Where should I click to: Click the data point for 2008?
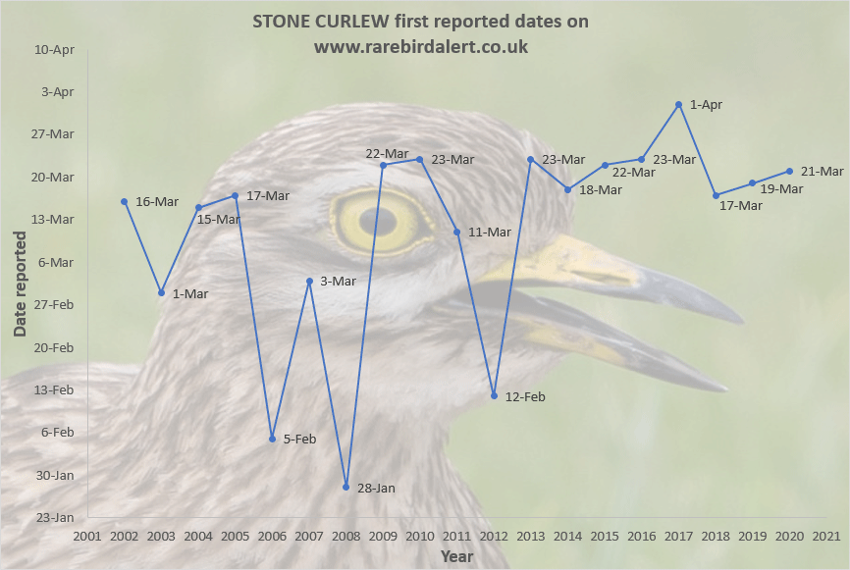pos(346,487)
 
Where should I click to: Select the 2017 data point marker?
pos(679,104)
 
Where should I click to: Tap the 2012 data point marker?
pos(494,395)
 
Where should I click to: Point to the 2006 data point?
pos(272,439)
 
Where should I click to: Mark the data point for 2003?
pos(161,292)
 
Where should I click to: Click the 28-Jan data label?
pos(377,488)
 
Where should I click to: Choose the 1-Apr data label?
pos(706,104)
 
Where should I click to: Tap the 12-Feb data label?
pos(524,396)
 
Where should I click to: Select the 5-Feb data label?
pos(300,440)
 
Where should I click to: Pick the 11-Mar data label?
pos(489,233)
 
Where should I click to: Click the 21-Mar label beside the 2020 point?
pos(822,172)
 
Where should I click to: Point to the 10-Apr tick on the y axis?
pos(55,49)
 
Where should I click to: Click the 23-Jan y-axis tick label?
pos(55,517)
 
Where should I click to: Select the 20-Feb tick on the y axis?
pos(55,347)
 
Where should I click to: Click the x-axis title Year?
pos(456,556)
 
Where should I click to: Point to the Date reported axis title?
pos(21,283)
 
